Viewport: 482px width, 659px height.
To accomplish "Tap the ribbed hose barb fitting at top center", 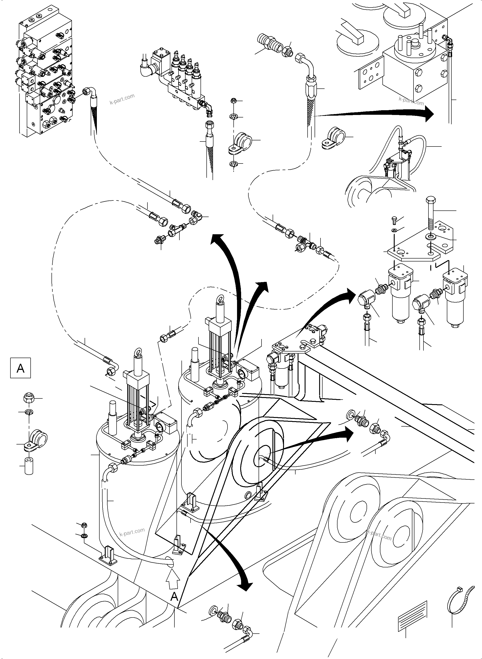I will (x=270, y=42).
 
